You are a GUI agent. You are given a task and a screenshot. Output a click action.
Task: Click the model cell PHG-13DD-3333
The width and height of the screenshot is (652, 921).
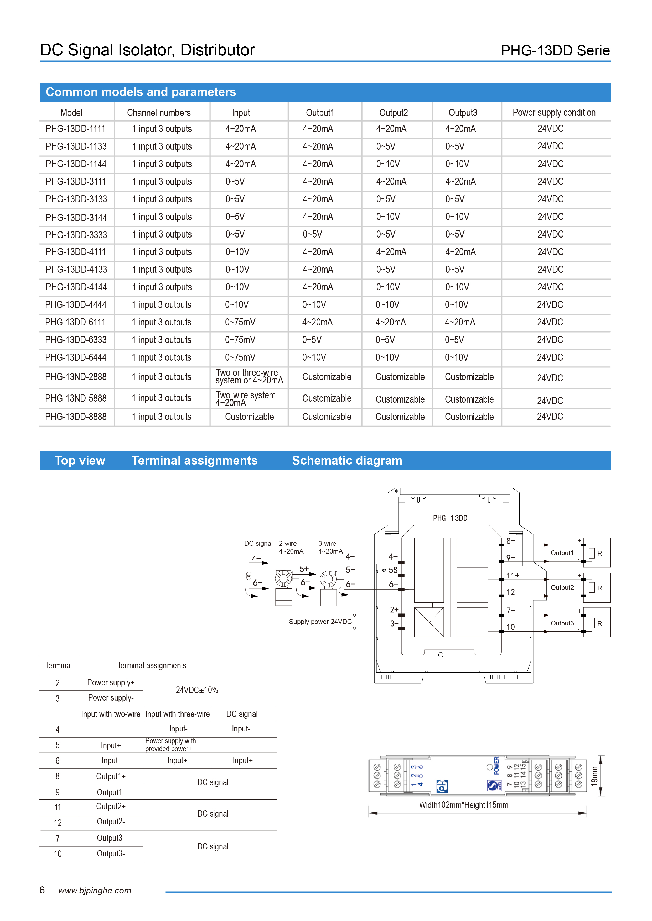(x=76, y=235)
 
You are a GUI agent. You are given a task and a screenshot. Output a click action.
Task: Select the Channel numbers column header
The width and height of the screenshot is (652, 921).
(x=159, y=113)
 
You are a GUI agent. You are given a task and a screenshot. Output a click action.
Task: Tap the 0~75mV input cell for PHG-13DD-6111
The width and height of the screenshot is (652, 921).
(x=240, y=322)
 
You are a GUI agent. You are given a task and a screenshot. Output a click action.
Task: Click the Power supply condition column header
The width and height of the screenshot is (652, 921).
(x=554, y=113)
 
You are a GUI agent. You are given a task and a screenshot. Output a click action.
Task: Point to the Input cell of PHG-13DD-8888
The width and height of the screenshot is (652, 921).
(x=249, y=417)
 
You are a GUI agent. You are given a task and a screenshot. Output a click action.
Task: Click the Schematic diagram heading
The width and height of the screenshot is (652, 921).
(x=347, y=460)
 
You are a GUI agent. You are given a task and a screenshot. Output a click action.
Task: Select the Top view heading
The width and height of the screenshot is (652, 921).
(x=80, y=460)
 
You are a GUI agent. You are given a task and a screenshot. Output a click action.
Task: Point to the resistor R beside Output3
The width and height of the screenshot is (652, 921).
(x=592, y=623)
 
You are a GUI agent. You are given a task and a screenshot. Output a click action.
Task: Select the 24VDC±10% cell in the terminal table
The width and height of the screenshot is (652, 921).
(x=197, y=690)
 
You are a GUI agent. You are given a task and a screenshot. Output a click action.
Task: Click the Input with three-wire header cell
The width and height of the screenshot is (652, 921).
(x=178, y=714)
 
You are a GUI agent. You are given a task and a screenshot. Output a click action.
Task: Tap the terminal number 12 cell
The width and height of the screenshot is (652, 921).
(x=58, y=823)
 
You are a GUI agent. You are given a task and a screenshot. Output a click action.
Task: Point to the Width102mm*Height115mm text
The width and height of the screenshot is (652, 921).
(x=463, y=805)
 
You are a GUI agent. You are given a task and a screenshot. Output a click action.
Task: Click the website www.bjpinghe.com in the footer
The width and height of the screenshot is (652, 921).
(x=95, y=891)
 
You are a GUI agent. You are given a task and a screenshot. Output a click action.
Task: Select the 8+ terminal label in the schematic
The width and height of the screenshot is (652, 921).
(x=510, y=541)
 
